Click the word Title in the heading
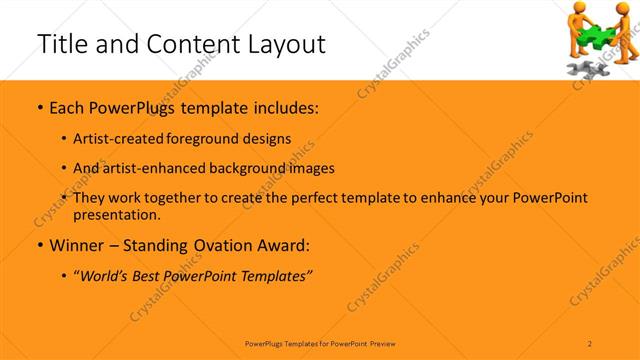[x=61, y=44]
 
